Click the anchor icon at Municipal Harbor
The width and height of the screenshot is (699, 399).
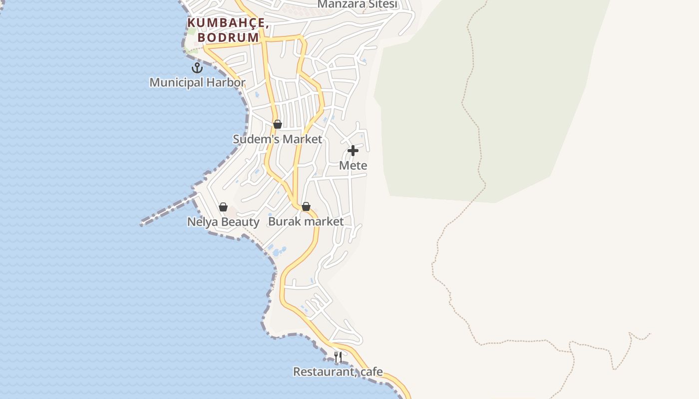(x=197, y=67)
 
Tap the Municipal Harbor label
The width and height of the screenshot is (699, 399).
(x=197, y=82)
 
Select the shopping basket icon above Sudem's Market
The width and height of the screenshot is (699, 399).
(x=278, y=124)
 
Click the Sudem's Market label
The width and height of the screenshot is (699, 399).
(x=277, y=139)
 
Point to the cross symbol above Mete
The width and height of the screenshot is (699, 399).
(x=353, y=150)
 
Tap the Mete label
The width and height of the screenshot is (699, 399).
(x=353, y=165)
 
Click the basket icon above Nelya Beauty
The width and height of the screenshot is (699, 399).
(x=223, y=206)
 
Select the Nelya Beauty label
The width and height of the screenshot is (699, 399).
(x=223, y=221)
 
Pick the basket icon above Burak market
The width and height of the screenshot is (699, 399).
(x=306, y=206)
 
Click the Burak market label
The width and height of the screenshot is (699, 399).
(x=306, y=221)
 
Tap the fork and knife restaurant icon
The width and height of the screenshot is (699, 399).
(x=338, y=357)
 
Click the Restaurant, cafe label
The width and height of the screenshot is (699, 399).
(x=338, y=372)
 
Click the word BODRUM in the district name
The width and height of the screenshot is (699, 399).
(x=228, y=37)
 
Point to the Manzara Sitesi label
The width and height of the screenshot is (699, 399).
(x=357, y=4)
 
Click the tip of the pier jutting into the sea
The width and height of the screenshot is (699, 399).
(x=143, y=223)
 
